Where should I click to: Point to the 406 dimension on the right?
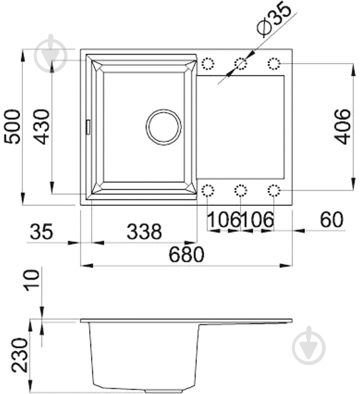coord(342,126)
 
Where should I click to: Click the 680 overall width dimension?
coord(186,254)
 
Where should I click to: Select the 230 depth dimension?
coord(20,355)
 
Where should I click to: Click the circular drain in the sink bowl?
coord(163,127)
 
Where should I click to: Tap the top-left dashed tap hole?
coord(208,64)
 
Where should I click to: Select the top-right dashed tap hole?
coord(273,64)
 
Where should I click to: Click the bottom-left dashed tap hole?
coord(208,190)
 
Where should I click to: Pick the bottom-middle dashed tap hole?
coord(240,190)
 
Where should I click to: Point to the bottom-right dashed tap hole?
coord(273,190)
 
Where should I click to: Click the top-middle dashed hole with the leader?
coord(240,64)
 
